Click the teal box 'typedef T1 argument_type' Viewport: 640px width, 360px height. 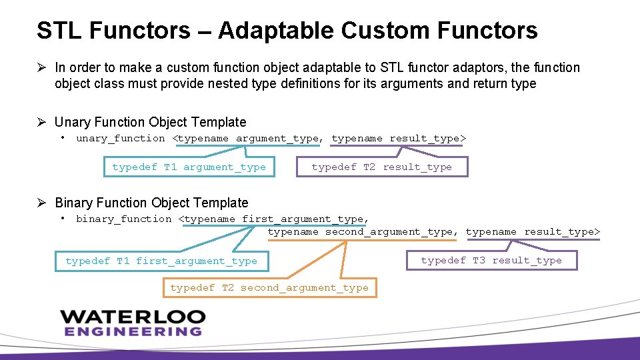(x=189, y=167)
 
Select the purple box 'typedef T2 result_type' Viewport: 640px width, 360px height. (x=382, y=167)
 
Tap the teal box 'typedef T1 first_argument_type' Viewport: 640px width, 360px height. (x=161, y=261)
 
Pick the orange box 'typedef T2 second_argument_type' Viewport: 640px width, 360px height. (x=269, y=287)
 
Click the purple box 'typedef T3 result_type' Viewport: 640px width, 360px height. (x=491, y=260)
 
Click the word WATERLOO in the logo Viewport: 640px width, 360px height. (x=133, y=317)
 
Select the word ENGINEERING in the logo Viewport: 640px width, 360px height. (x=133, y=331)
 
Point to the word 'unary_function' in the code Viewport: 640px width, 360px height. (x=121, y=139)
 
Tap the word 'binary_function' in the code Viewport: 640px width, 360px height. (x=124, y=219)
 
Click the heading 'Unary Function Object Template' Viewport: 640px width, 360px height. (x=150, y=122)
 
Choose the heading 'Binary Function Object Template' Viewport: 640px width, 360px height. (x=151, y=203)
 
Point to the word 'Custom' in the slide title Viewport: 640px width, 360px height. (x=385, y=31)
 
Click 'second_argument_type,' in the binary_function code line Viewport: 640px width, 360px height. (x=391, y=232)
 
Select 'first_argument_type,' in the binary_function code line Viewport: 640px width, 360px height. (x=305, y=219)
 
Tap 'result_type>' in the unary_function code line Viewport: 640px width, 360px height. (x=428, y=139)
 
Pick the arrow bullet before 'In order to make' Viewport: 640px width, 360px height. (x=41, y=67)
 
